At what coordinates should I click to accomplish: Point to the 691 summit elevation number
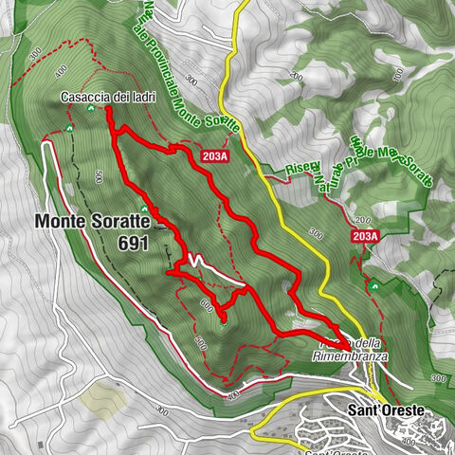click(x=136, y=243)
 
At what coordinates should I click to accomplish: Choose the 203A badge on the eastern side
click(x=364, y=236)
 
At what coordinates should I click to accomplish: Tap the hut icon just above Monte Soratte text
click(x=143, y=208)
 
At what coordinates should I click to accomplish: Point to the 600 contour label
click(x=207, y=304)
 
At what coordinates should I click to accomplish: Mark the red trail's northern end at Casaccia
click(x=108, y=110)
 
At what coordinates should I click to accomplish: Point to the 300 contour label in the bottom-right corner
click(x=438, y=379)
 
